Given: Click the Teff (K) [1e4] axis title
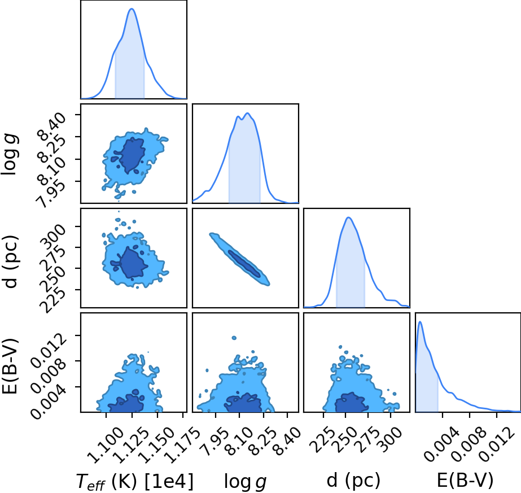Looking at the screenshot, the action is pos(135,481).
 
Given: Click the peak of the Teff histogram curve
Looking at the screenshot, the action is pos(132,8).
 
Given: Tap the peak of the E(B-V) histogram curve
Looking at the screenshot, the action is pos(420,321).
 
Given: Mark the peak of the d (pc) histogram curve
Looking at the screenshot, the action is pos(348,217).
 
